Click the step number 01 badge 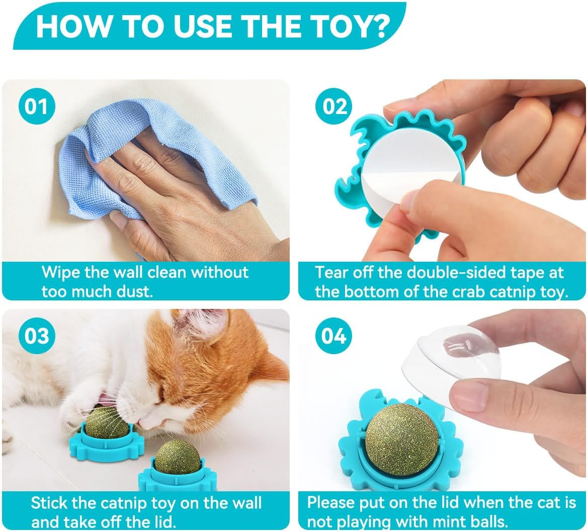click(36, 107)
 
